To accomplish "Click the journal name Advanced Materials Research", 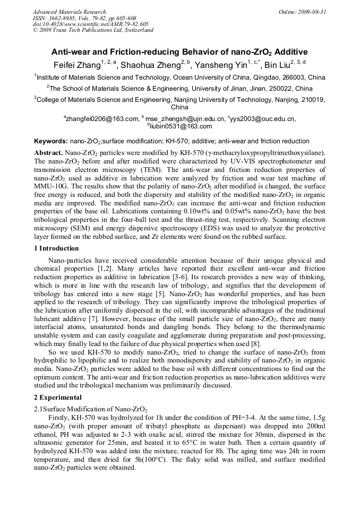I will point(69,12).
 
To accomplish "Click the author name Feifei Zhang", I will point(74,66).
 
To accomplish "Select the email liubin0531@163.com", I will point(181,126).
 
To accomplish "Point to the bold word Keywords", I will point(50,141).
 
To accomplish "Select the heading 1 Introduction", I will point(56,248).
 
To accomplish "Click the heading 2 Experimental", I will point(58,397).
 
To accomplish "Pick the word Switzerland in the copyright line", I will point(136,30).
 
